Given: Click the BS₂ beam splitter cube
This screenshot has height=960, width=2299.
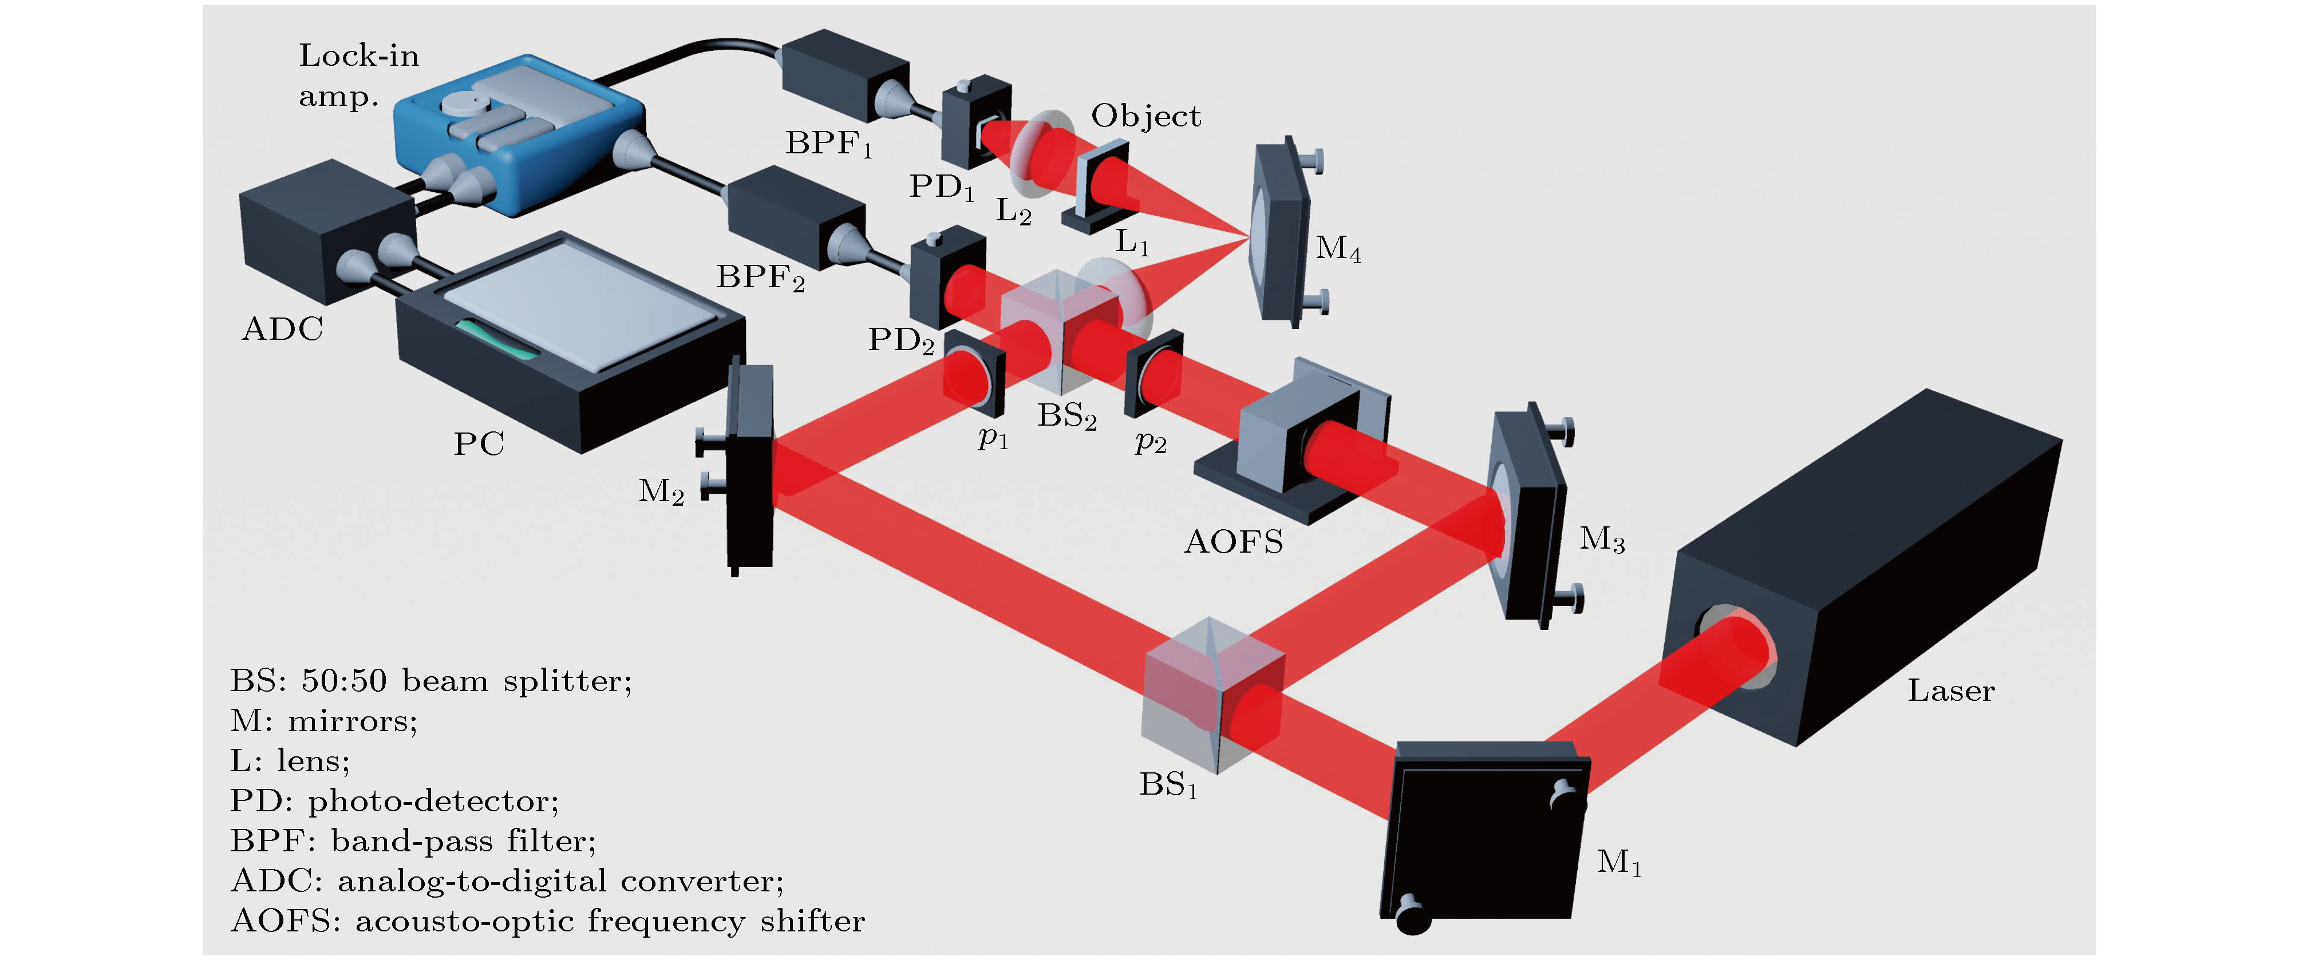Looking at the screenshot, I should [1060, 330].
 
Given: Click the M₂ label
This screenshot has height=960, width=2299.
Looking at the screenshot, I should [661, 491].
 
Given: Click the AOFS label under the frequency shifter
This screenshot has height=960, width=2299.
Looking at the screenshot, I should [1234, 542].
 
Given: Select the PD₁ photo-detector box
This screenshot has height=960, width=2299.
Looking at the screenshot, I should [975, 125].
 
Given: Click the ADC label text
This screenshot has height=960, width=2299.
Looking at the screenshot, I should [282, 330].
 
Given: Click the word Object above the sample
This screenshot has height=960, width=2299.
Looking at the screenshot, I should [1146, 116].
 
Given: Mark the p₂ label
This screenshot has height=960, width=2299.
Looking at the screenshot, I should [1151, 442].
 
